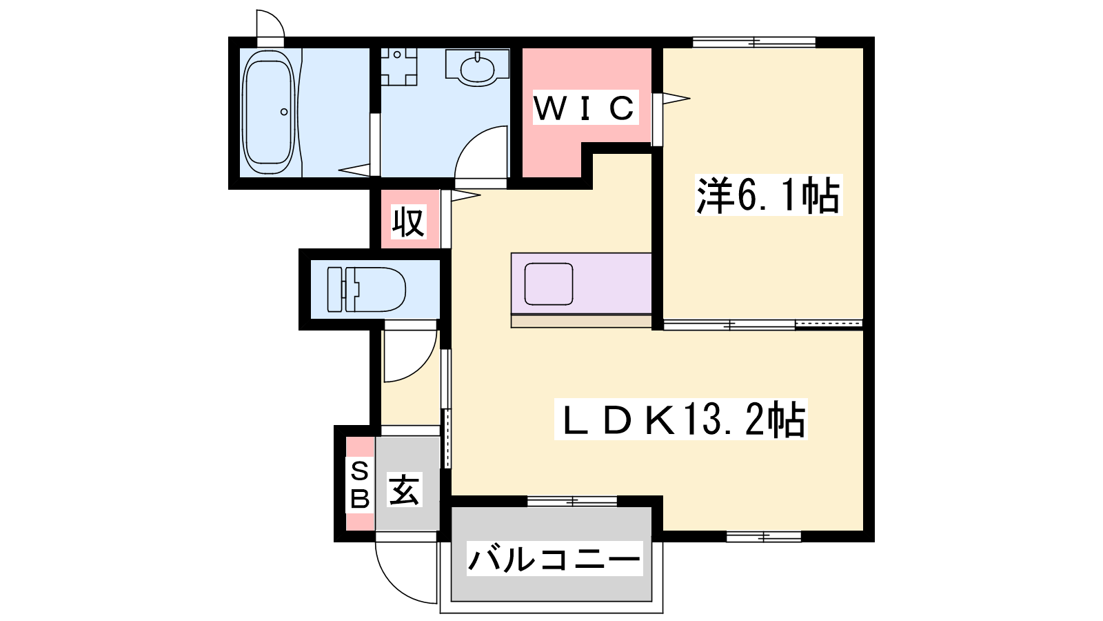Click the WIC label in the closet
click(585, 108)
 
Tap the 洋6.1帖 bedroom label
click(769, 195)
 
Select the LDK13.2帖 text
click(680, 419)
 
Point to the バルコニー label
click(554, 558)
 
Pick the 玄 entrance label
click(405, 490)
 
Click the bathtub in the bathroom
click(269, 112)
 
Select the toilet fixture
click(366, 289)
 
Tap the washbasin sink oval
click(476, 68)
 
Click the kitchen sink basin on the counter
click(549, 284)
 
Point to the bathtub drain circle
click(284, 112)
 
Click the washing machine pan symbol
click(399, 66)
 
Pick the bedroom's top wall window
click(754, 42)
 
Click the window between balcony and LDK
click(572, 501)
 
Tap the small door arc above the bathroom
click(276, 19)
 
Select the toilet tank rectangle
click(334, 289)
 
